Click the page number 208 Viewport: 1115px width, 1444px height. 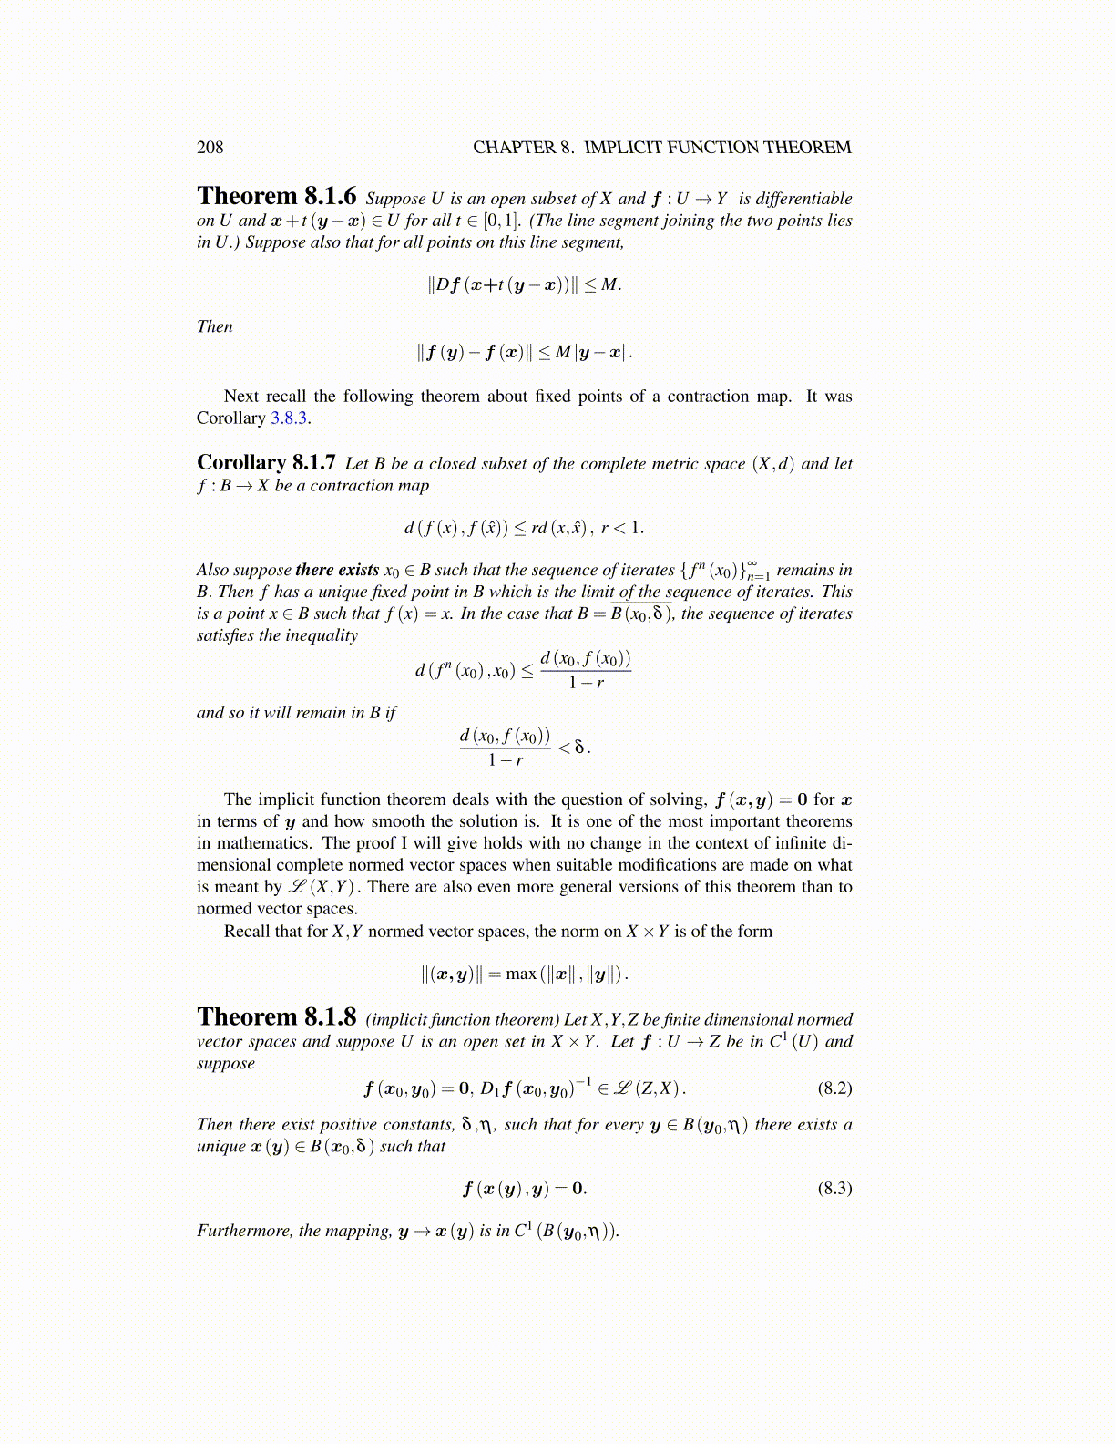210,147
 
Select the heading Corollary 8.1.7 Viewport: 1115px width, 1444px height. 266,462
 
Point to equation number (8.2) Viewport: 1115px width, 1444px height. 834,1088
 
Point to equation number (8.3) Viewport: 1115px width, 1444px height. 834,1188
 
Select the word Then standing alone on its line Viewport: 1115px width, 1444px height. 215,326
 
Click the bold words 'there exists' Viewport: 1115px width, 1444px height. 337,570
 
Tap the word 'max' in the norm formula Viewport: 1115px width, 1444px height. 520,974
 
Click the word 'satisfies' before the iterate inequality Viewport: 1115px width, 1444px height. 229,635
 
